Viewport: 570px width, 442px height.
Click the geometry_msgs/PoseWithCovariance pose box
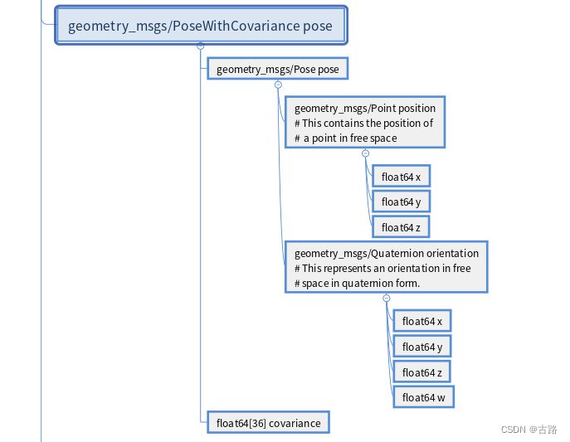200,26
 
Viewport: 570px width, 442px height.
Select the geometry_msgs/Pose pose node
277,69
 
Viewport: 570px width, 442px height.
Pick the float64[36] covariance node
268,423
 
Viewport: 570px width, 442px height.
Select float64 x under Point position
401,177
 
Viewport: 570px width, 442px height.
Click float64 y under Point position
401,202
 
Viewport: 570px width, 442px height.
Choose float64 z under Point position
401,227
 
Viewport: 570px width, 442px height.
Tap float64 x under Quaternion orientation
421,321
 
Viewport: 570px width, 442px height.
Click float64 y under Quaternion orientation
421,347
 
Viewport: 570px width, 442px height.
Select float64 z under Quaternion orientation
421,372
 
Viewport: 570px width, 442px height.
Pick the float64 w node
423,398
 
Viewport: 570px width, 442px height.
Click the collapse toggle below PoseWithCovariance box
200,46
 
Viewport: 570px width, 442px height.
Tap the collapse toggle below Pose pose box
278,85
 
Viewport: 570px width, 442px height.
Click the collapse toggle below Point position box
365,153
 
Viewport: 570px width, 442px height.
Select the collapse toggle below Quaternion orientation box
386,298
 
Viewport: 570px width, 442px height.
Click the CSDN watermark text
529,430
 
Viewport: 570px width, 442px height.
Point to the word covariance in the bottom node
295,423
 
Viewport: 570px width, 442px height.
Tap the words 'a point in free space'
349,138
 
